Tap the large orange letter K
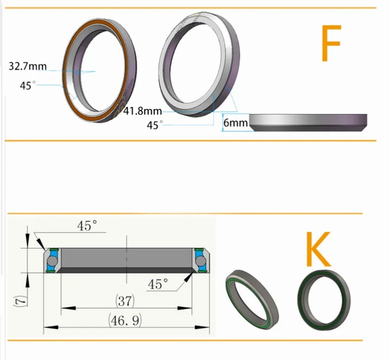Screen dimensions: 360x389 pos(318,250)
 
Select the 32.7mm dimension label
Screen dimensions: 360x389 pos(28,66)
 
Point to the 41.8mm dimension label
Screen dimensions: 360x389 pos(143,111)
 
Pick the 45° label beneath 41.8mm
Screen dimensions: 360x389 pos(155,125)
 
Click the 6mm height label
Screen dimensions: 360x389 pos(235,123)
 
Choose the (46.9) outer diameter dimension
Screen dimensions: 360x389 pos(126,321)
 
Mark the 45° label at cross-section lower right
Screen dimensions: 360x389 pos(158,284)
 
